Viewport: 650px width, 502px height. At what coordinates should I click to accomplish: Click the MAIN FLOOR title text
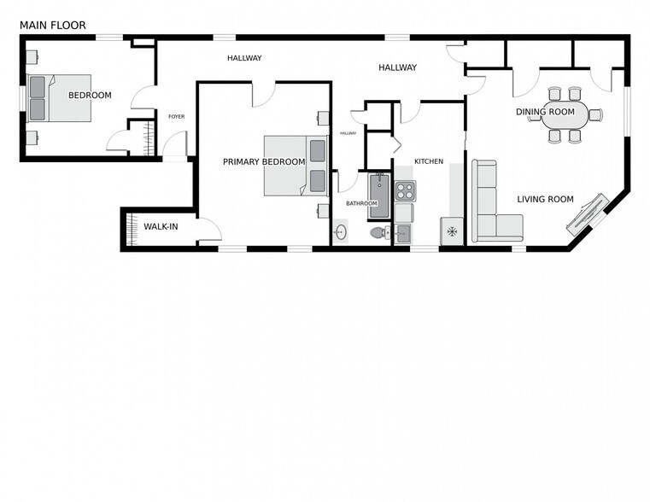click(53, 26)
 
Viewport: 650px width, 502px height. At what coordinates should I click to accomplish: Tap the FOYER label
click(177, 117)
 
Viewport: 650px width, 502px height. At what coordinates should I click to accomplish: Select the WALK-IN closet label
click(161, 226)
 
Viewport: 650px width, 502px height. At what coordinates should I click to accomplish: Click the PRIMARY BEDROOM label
click(264, 162)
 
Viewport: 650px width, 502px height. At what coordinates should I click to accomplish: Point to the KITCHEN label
click(429, 161)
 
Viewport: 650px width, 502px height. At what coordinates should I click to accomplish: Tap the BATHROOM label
click(361, 203)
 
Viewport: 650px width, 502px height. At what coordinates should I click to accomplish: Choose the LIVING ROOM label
click(545, 199)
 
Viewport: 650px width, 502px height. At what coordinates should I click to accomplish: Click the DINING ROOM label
click(545, 112)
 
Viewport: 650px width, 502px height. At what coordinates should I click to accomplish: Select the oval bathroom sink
click(341, 232)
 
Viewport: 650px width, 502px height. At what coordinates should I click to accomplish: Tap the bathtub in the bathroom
click(379, 196)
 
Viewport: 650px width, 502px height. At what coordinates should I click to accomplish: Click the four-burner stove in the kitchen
click(405, 191)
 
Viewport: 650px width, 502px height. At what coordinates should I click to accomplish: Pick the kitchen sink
click(402, 234)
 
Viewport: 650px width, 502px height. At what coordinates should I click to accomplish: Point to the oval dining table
click(565, 114)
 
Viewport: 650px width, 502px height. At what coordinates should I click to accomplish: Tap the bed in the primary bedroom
click(296, 166)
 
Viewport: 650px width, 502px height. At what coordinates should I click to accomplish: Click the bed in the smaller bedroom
click(59, 98)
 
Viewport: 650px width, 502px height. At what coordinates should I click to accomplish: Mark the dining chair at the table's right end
click(595, 114)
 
